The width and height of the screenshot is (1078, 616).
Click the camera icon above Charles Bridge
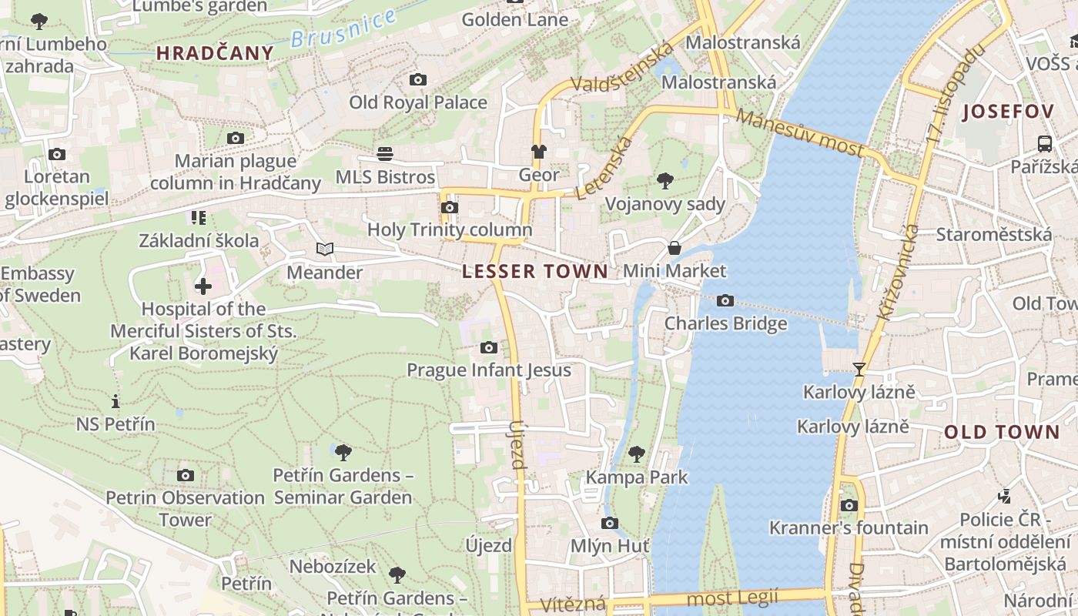click(725, 300)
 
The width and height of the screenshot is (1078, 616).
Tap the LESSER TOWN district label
click(535, 271)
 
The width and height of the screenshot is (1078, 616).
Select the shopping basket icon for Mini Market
click(675, 248)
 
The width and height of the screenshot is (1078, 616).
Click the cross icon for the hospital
click(203, 286)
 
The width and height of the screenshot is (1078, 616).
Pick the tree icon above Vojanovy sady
click(665, 181)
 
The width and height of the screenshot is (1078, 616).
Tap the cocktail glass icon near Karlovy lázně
click(859, 369)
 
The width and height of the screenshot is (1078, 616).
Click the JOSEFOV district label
click(1008, 112)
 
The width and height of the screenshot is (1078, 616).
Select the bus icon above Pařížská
click(1045, 143)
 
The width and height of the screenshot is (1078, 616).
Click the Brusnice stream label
click(343, 29)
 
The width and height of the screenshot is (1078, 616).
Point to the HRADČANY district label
click(215, 53)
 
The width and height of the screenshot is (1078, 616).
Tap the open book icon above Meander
click(325, 249)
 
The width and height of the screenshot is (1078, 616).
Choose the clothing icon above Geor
click(538, 152)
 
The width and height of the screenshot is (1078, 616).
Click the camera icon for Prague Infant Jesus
click(489, 347)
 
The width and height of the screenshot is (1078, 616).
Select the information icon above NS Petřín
click(115, 401)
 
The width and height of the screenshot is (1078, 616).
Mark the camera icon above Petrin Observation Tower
click(186, 475)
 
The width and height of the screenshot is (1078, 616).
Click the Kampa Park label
click(637, 477)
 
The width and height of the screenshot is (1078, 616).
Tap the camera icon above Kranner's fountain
click(849, 505)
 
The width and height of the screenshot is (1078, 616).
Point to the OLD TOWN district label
click(1002, 432)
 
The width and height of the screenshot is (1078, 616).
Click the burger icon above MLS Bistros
click(385, 154)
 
